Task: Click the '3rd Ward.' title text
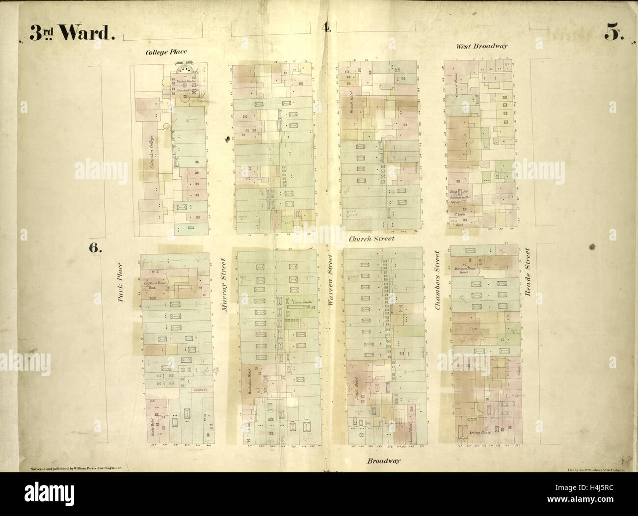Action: pos(72,33)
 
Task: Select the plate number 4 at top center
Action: pos(326,27)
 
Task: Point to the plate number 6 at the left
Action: pos(95,247)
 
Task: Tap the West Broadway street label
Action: pos(481,46)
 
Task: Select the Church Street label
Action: pos(372,239)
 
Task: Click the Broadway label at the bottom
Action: pos(383,461)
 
